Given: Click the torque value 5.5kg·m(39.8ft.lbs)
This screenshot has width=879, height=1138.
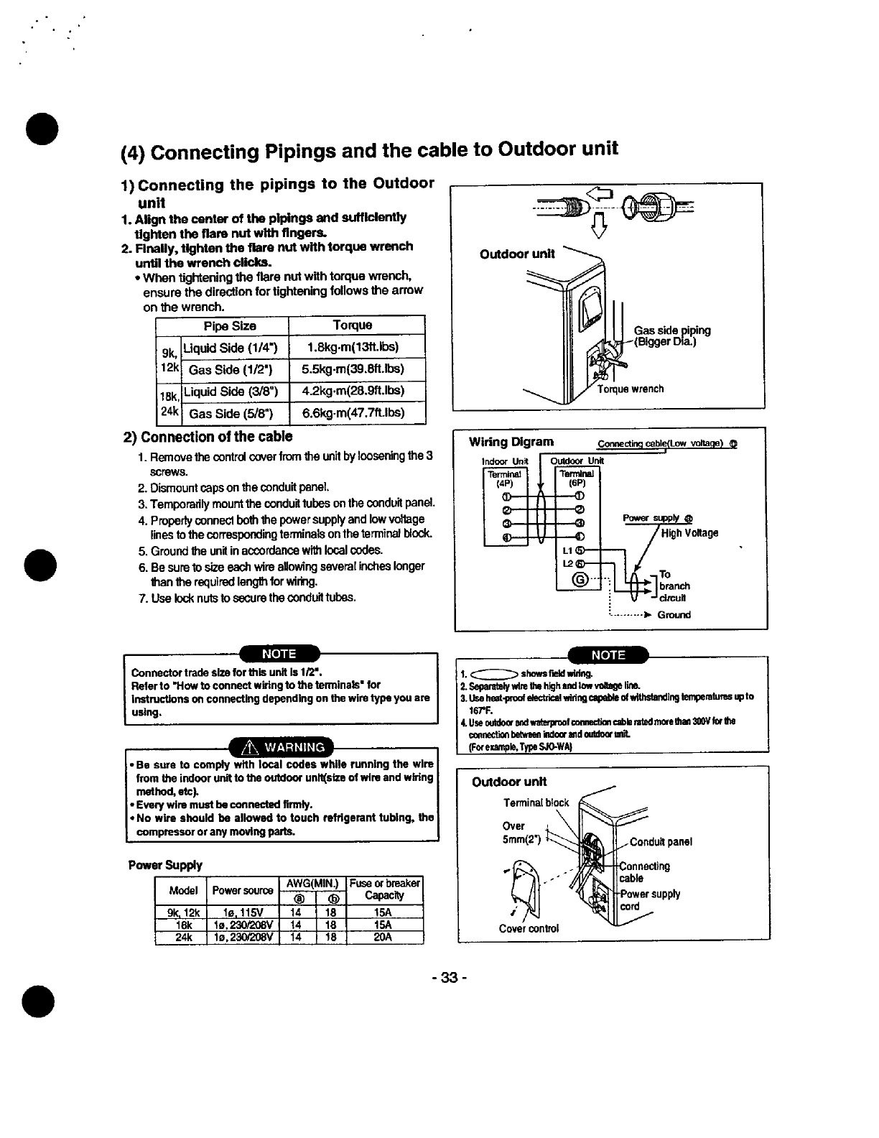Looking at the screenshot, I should pos(353,369).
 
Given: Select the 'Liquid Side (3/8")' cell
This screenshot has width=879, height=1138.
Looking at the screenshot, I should pos(235,391).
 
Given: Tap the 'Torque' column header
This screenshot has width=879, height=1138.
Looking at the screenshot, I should pos(353,325).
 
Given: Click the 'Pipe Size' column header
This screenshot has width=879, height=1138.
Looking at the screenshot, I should pos(230,325).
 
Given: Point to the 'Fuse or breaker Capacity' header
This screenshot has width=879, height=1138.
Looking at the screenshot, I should pos(385,889).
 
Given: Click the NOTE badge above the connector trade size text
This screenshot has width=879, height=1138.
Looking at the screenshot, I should pos(279,654).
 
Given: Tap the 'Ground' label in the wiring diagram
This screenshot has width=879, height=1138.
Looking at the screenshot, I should pos(674,615).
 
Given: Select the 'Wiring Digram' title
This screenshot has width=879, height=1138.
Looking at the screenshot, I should pos(511,441).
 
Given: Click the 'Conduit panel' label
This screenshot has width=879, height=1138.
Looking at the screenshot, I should pos(661,842).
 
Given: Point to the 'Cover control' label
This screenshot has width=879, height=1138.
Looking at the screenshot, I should pos(529,927).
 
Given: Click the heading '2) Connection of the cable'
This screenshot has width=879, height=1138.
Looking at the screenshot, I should pos(208,437).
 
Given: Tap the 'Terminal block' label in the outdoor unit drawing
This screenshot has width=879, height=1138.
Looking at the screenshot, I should pos(536,802).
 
